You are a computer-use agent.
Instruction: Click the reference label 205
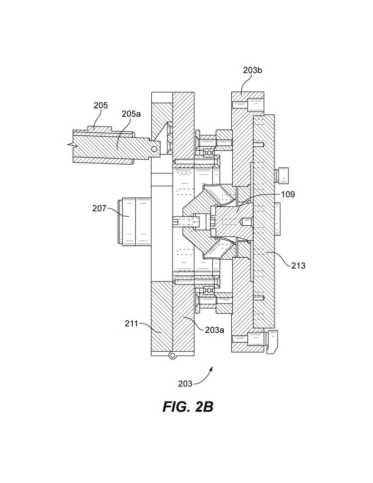click(101, 105)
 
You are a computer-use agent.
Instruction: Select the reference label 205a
click(131, 114)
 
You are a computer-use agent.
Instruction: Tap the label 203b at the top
click(252, 70)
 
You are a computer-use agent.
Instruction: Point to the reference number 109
click(288, 194)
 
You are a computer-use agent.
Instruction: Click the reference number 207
click(99, 208)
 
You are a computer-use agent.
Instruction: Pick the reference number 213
click(298, 266)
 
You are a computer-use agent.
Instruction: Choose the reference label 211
click(131, 324)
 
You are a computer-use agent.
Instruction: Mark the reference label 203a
click(215, 330)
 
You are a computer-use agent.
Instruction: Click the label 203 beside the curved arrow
click(185, 384)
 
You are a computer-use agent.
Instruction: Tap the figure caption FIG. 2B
click(188, 407)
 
